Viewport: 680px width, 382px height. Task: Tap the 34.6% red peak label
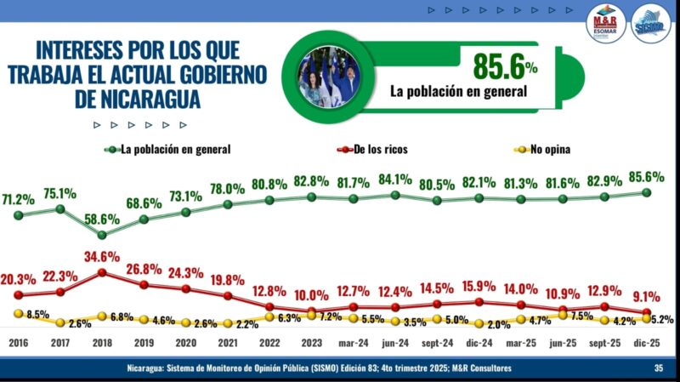pos(101,256)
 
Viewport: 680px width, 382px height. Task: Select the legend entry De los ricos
pos(372,150)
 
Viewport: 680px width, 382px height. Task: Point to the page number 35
pos(658,368)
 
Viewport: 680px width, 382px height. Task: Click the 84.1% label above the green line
pos(396,180)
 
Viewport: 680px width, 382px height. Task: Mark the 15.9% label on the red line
pos(479,285)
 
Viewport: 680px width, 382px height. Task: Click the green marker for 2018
pos(101,235)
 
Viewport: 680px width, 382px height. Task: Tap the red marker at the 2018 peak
pos(101,273)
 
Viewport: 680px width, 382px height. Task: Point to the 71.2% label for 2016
pos(18,200)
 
